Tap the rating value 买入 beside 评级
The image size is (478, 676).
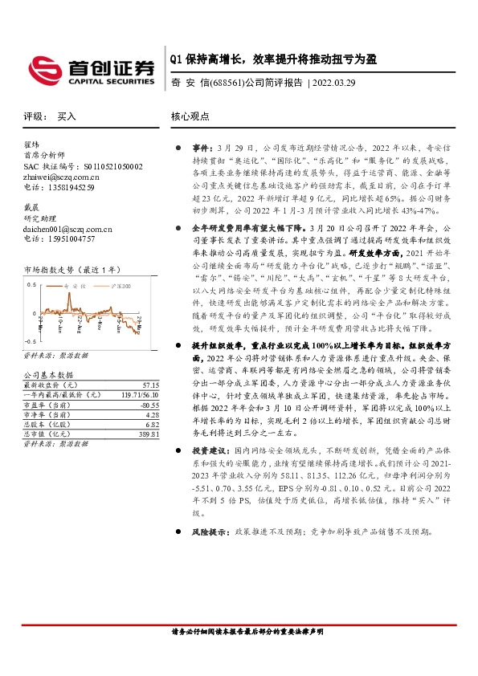point(67,116)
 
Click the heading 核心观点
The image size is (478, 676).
point(190,116)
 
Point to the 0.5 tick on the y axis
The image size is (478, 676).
point(31,285)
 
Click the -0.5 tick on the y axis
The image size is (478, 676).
point(31,341)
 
